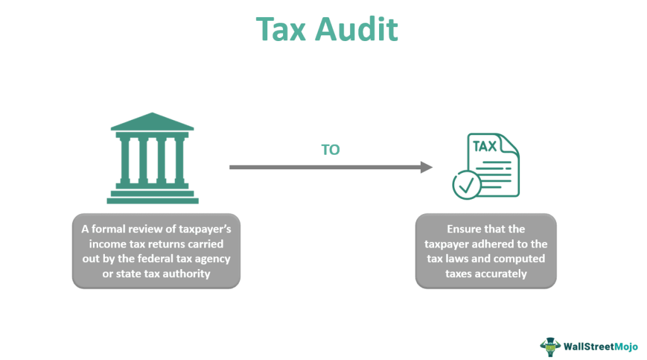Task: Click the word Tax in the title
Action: (283, 29)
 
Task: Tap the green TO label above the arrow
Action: (331, 150)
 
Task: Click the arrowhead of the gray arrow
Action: (426, 167)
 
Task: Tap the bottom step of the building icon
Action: (152, 201)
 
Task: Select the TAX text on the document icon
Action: (485, 147)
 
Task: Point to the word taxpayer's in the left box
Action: (196, 228)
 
